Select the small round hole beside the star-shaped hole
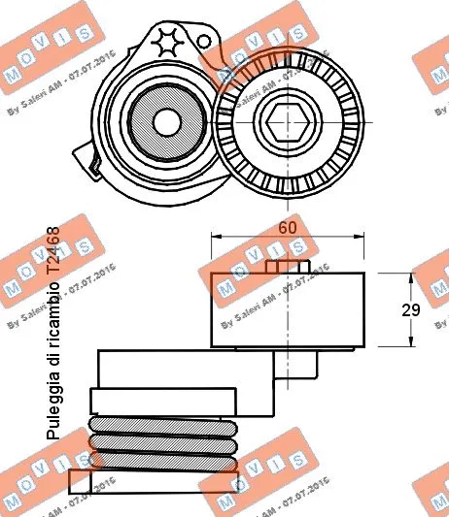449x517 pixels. click(x=204, y=42)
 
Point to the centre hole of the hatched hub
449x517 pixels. click(x=167, y=123)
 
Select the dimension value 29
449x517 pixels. click(x=410, y=309)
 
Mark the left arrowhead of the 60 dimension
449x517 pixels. click(x=217, y=236)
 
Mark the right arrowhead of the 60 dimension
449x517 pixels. click(x=361, y=236)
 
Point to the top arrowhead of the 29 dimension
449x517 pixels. click(x=411, y=278)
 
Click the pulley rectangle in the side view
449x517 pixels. click(x=288, y=309)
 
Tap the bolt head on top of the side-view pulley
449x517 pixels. click(x=287, y=267)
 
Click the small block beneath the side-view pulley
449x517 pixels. click(x=295, y=365)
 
